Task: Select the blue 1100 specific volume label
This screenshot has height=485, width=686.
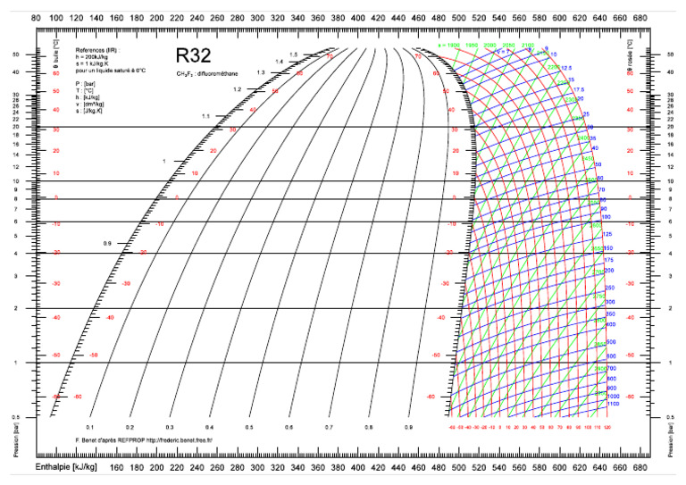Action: click(x=614, y=404)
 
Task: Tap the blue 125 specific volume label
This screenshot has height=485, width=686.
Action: click(x=607, y=233)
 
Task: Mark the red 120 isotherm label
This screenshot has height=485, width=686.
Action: click(x=607, y=427)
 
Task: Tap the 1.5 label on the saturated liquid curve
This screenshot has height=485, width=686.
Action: click(x=292, y=54)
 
